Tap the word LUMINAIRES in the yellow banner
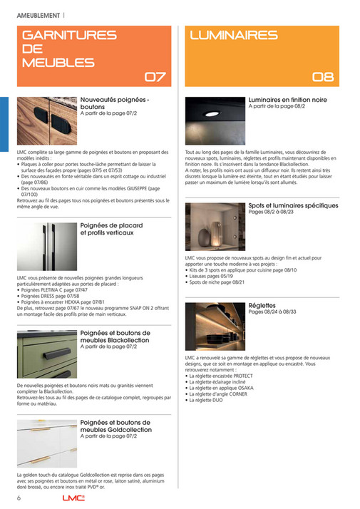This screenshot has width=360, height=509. (234, 35)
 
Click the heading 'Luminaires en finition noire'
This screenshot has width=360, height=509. (287, 100)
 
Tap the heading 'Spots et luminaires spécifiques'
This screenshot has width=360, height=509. (293, 205)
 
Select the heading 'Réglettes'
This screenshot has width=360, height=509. (263, 304)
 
